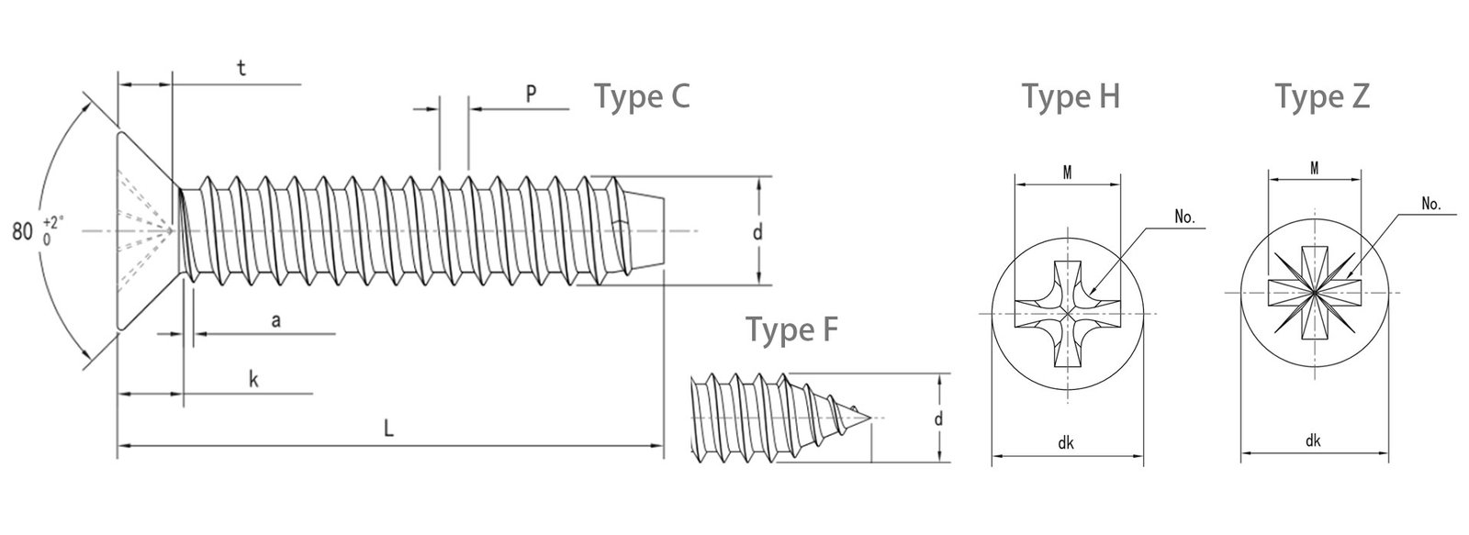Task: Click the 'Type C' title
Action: click(x=642, y=97)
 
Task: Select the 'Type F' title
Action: click(x=791, y=329)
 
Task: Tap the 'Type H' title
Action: click(x=1071, y=96)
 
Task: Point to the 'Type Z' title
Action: click(x=1322, y=96)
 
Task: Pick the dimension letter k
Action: click(x=253, y=380)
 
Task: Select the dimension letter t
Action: click(x=241, y=69)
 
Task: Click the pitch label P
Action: click(x=531, y=94)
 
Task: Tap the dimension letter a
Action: click(x=275, y=319)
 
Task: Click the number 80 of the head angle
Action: click(x=23, y=231)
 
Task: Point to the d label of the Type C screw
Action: click(x=757, y=232)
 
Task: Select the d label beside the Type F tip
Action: click(x=938, y=419)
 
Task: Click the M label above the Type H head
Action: click(x=1069, y=171)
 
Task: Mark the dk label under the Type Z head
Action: click(x=1313, y=441)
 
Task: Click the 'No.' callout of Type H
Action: click(x=1185, y=218)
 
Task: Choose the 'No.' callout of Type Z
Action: click(x=1431, y=205)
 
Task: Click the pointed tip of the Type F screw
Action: click(x=869, y=418)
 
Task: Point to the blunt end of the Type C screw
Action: click(x=664, y=231)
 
